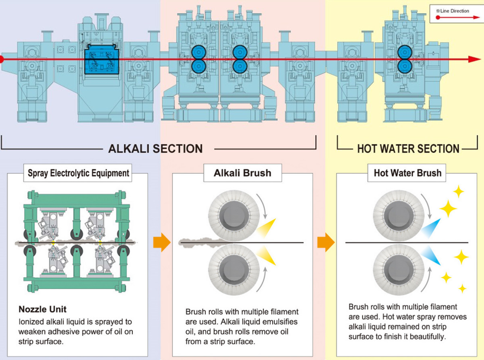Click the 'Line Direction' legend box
[x=457, y=14]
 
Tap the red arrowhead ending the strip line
[x=474, y=59]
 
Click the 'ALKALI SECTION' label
[x=155, y=149]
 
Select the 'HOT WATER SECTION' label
[x=408, y=149]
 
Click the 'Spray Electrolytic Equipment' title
[x=78, y=173]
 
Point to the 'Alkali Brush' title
[x=242, y=173]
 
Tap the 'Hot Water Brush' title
[x=407, y=173]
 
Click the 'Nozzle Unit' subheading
[x=43, y=309]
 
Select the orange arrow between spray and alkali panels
[x=162, y=242]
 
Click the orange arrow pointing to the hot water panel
[x=326, y=242]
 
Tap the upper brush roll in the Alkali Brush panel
[x=235, y=216]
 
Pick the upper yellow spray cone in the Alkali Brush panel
[x=267, y=228]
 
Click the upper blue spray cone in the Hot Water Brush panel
[x=431, y=228]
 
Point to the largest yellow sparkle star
[x=448, y=209]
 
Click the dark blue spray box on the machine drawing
[x=101, y=59]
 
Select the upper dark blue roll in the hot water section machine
[x=404, y=52]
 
